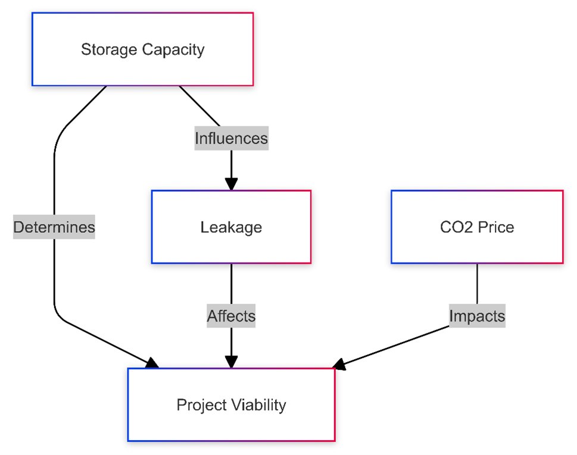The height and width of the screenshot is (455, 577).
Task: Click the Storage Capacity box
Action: point(142,49)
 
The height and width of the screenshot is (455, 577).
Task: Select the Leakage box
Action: point(231,227)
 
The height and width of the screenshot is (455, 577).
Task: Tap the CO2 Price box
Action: point(476,227)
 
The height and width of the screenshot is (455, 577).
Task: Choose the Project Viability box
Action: point(231,405)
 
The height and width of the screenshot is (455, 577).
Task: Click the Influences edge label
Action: point(231,139)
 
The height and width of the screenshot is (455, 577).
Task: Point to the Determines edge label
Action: point(54,227)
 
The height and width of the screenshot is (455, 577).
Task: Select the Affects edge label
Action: point(231,316)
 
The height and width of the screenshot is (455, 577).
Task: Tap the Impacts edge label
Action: point(476,316)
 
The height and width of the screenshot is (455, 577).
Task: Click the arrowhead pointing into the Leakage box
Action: point(231,183)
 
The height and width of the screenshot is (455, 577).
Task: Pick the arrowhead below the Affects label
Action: point(231,361)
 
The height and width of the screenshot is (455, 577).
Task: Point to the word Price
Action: point(497,227)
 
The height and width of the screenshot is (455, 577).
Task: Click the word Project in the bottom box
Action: point(200,405)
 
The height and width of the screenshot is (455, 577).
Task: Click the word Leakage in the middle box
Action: point(231,227)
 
